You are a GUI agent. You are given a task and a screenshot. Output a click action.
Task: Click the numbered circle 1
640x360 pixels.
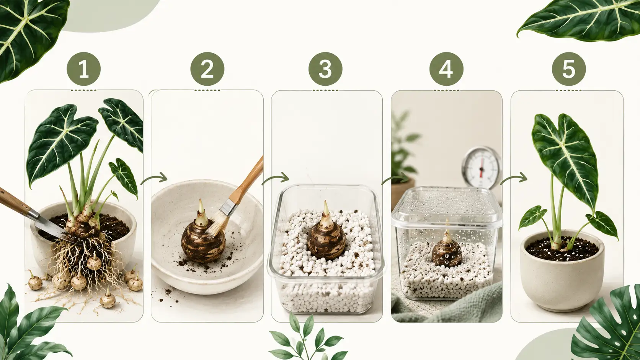84,69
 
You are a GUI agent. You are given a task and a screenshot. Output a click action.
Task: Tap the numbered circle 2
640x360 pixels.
207,69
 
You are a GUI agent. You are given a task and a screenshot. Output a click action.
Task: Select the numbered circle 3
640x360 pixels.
325,69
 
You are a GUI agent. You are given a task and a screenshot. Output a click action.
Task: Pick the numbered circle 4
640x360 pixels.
446,69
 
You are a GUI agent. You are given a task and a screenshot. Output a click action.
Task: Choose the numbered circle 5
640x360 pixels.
569,69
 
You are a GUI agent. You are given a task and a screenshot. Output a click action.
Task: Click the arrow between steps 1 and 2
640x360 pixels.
154,178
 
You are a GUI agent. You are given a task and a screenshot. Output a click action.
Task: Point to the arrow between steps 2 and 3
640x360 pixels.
276,178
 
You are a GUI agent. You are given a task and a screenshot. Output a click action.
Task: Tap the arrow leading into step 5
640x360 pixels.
514,178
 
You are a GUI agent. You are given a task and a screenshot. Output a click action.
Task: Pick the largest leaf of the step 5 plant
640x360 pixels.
565,160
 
